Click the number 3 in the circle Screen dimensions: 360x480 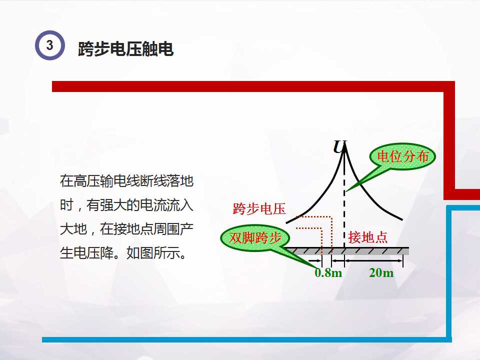(49, 45)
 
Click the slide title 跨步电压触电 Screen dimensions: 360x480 (125, 49)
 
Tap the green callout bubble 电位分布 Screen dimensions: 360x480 (402, 157)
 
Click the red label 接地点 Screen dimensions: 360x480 (368, 237)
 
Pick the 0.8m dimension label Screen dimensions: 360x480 (328, 273)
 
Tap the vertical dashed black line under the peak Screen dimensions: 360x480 (344, 210)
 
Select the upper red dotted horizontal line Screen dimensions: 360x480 (312, 217)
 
